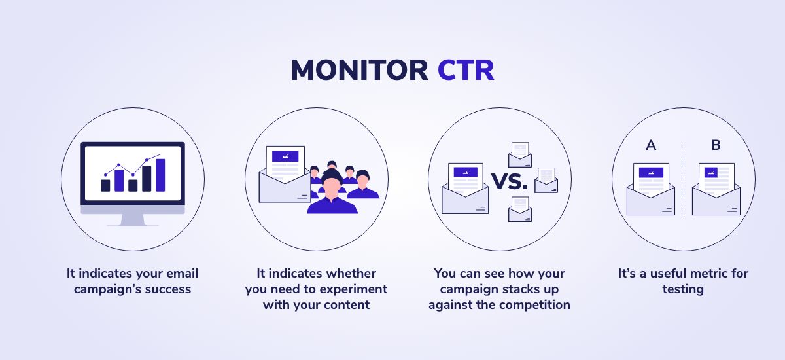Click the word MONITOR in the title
[x=360, y=70]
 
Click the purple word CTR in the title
[x=466, y=70]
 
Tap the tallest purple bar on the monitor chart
[x=160, y=175]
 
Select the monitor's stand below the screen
[x=132, y=220]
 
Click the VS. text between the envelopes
[x=509, y=181]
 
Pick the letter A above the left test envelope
[x=651, y=145]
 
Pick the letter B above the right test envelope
[x=716, y=145]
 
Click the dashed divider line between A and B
[x=684, y=179]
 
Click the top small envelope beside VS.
[x=520, y=155]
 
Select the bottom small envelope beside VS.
[x=520, y=209]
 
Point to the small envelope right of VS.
[x=546, y=180]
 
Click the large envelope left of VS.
[x=465, y=189]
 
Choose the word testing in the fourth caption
[x=683, y=289]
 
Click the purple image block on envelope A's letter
[x=651, y=172]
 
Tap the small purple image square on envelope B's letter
[x=710, y=172]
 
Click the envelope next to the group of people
[x=285, y=174]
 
